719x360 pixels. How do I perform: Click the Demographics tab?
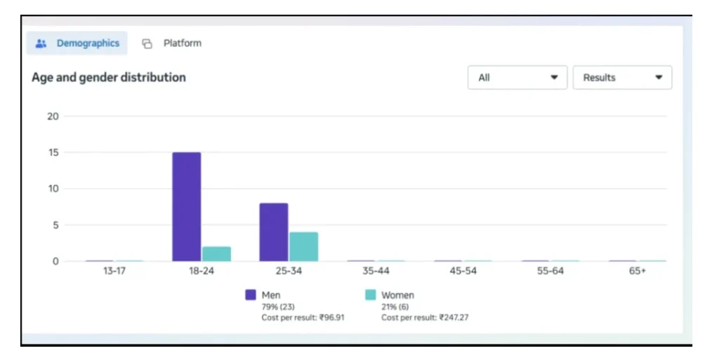coord(77,44)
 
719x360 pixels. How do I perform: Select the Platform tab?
coord(172,44)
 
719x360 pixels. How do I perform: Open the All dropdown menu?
coord(517,78)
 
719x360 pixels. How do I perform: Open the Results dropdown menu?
coord(622,78)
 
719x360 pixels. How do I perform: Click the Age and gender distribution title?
coord(109,77)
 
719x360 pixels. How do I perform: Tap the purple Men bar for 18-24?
coord(187,207)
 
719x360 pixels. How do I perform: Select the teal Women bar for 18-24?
coord(216,253)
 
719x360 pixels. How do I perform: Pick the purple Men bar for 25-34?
coord(274,232)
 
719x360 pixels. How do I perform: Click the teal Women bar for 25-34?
coord(303,246)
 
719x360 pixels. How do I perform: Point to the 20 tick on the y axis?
coord(53,116)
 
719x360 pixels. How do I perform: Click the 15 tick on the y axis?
coord(53,152)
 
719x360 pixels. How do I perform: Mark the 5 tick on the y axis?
coord(55,225)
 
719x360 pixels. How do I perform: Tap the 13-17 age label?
coord(114,272)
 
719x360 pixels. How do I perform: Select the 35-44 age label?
coord(376,272)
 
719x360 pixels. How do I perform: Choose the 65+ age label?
coord(637,272)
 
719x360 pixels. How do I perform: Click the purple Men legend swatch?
coord(251,295)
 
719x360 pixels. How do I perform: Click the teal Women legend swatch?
coord(371,295)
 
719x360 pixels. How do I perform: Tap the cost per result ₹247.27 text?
coord(425,318)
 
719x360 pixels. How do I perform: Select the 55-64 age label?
coord(550,272)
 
